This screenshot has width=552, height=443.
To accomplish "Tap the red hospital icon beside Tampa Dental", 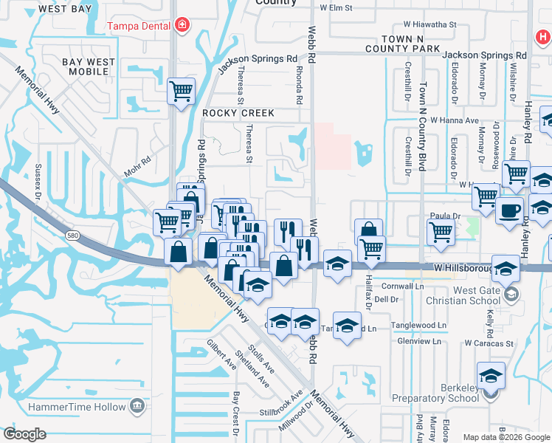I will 182,26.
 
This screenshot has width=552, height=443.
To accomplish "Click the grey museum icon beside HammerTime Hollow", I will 137,405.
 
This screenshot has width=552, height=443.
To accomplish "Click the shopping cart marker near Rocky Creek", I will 181,92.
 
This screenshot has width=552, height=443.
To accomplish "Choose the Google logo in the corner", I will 24,434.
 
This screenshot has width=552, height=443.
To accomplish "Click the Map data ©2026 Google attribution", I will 506,437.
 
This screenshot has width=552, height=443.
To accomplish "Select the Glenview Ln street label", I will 418,341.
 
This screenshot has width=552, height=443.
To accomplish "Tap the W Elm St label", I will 336,7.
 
